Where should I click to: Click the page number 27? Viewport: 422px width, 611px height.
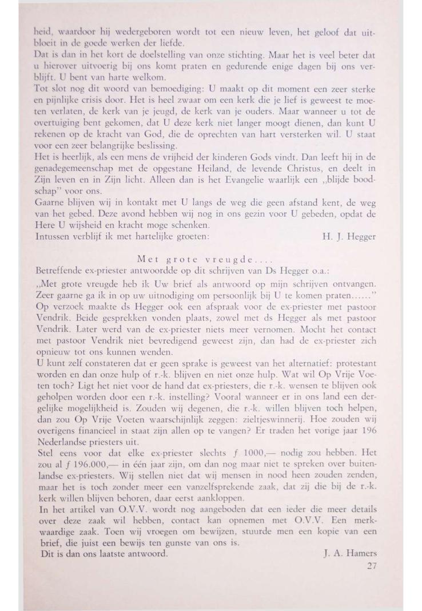coord(371,567)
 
